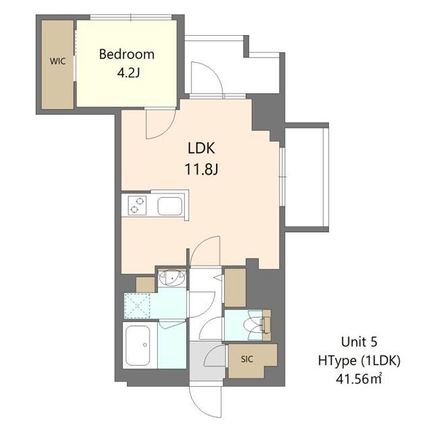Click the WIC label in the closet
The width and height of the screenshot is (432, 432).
(x=57, y=60)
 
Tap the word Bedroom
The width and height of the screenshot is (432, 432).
(x=127, y=54)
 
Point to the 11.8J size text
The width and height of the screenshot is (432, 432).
(x=201, y=169)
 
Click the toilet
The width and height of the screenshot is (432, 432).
(x=259, y=325)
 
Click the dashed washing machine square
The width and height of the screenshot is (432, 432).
(x=140, y=305)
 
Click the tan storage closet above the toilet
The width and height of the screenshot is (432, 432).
(x=235, y=287)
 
